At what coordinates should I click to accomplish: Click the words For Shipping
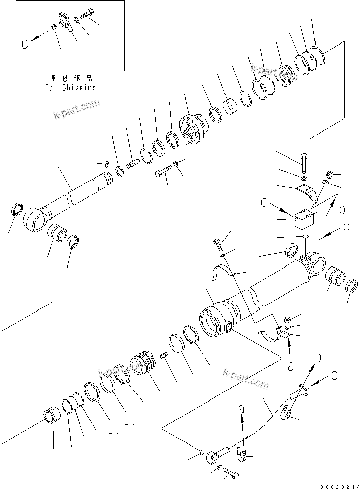[70, 87]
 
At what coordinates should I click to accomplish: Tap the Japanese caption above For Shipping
[70, 79]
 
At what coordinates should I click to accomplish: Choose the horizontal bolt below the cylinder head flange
[161, 173]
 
